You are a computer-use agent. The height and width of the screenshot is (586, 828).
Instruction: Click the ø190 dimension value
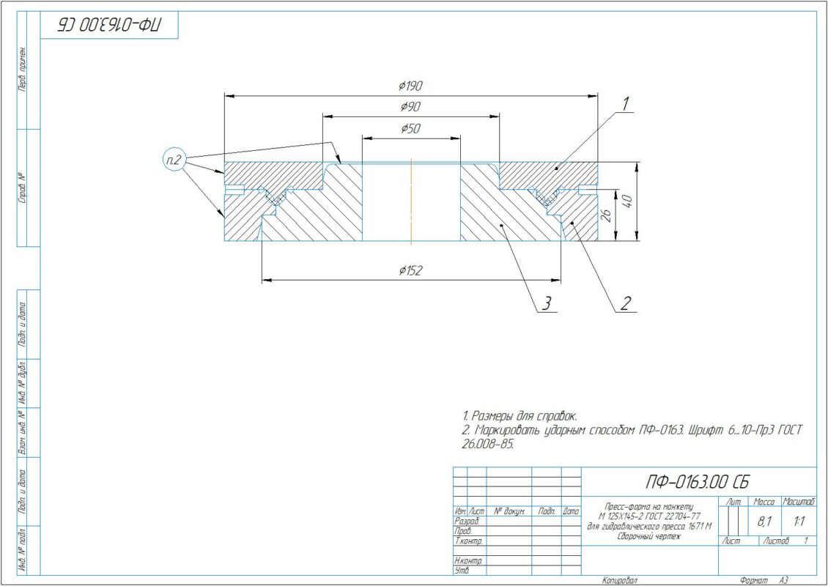(412, 86)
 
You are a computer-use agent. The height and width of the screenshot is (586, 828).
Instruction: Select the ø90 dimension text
(411, 107)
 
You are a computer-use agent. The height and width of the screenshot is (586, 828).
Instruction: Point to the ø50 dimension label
(411, 129)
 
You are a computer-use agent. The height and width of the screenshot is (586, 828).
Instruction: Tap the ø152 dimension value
(412, 271)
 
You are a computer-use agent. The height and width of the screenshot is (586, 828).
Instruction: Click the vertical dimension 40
(628, 201)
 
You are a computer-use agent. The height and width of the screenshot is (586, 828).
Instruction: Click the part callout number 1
(626, 105)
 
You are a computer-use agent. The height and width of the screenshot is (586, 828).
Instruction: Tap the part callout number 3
(547, 303)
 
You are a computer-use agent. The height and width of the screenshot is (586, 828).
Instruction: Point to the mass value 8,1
(764, 522)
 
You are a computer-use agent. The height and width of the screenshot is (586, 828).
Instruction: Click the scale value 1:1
(799, 522)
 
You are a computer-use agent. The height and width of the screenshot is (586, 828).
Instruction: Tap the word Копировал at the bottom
(619, 580)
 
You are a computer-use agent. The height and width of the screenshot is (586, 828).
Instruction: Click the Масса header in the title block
(764, 502)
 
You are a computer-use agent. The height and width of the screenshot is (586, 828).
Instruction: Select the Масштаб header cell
(799, 502)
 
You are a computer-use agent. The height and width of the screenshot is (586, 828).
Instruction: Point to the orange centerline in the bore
(412, 201)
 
